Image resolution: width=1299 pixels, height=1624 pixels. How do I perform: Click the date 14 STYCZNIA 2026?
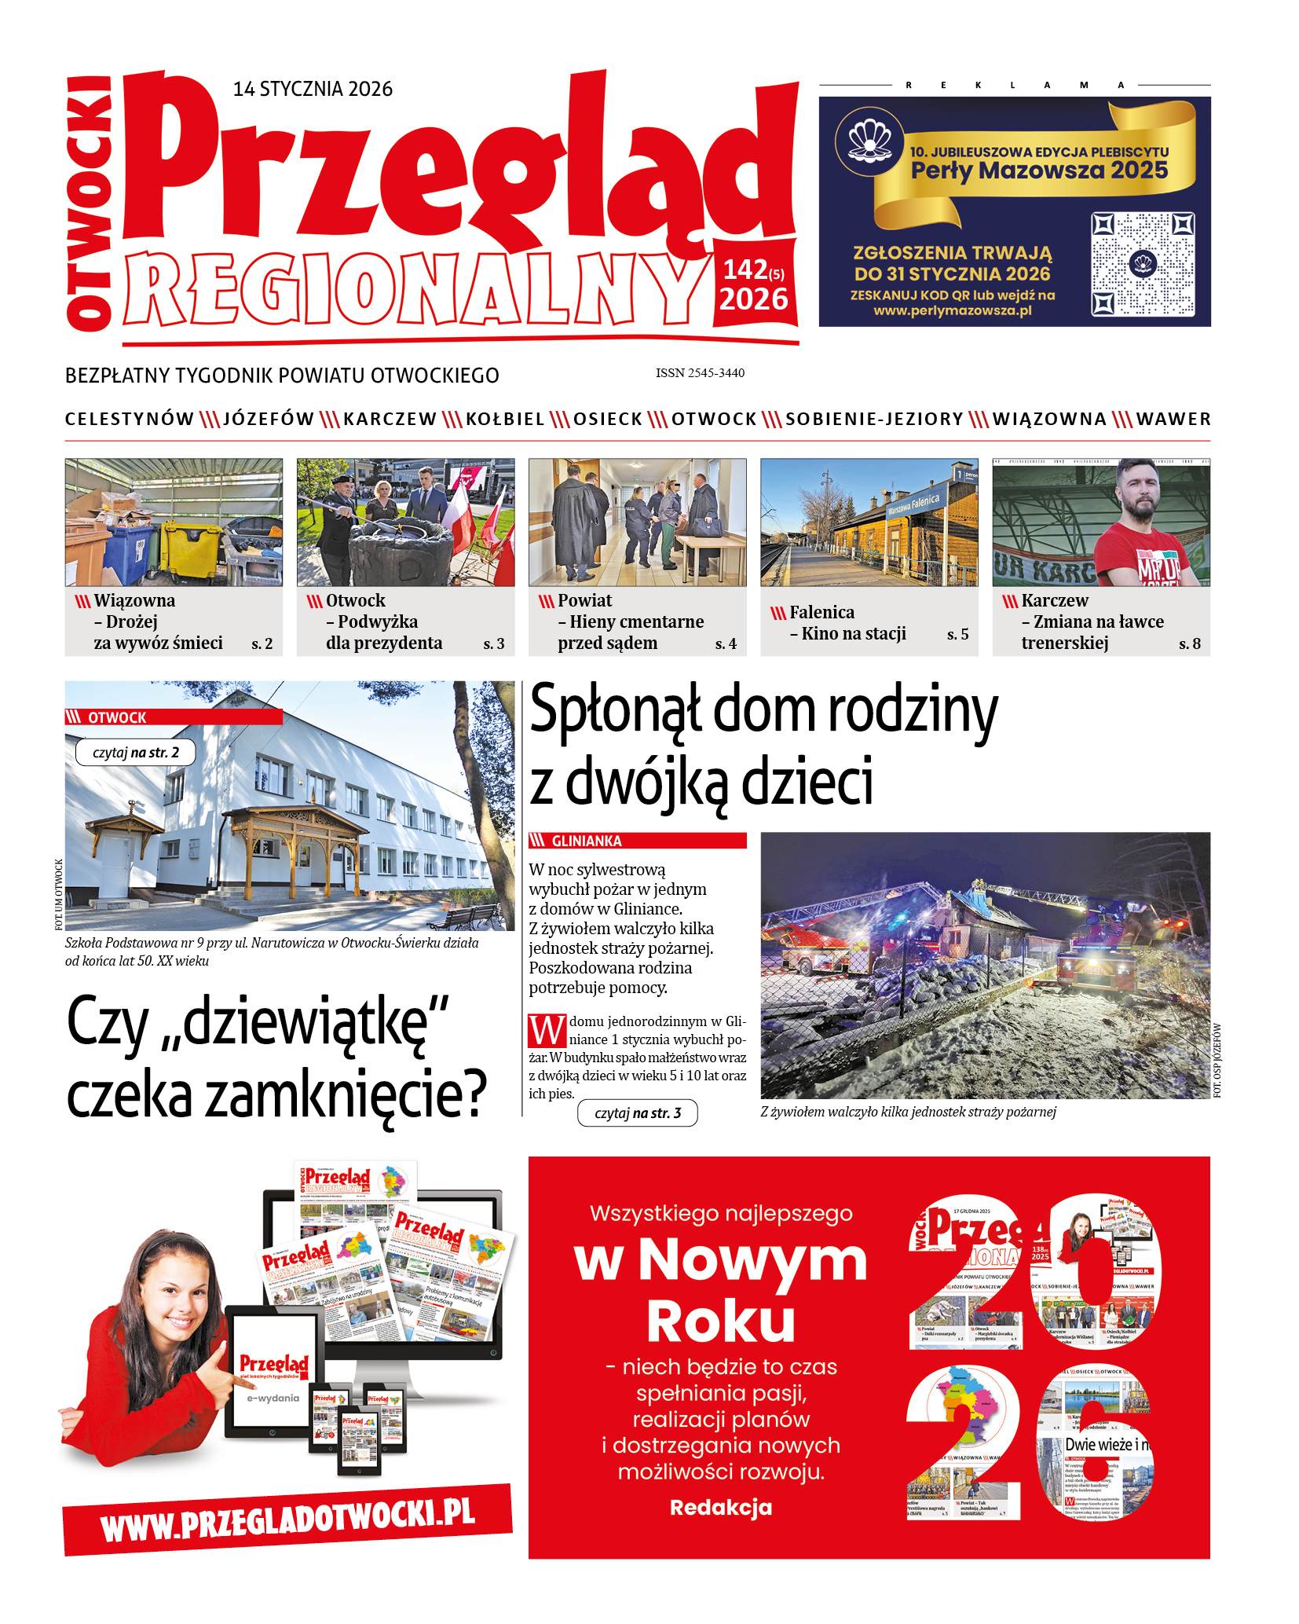click(x=313, y=89)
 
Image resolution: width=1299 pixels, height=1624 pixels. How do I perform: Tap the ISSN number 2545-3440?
click(x=700, y=373)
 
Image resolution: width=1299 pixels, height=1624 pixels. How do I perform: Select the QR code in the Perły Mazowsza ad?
click(x=1143, y=264)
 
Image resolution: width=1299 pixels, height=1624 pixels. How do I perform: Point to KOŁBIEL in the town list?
click(x=505, y=420)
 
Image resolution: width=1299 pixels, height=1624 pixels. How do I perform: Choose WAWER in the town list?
click(x=1173, y=420)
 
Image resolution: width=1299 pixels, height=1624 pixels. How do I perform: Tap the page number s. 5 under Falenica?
click(x=957, y=634)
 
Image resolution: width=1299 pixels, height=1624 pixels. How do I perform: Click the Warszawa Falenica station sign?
click(x=913, y=504)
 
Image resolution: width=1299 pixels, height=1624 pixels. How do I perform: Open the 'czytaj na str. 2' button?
click(x=135, y=753)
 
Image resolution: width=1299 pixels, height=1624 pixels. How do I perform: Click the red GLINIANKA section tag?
click(x=637, y=841)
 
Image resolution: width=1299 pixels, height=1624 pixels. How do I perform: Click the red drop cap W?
click(x=547, y=1031)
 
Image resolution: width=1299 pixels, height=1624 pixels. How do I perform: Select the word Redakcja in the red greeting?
click(x=720, y=1507)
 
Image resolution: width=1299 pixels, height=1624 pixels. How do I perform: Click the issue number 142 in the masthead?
click(x=745, y=269)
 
